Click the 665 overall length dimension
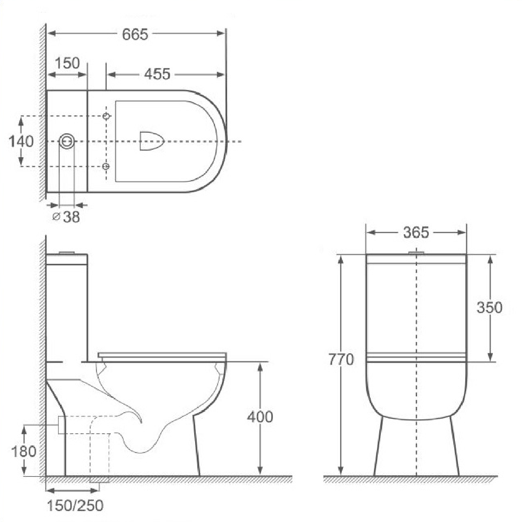[135, 34]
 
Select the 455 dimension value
[157, 74]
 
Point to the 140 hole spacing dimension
[21, 141]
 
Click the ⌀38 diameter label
[67, 217]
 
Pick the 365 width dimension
[416, 232]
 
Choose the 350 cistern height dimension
[489, 307]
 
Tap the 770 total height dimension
[341, 359]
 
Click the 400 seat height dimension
[260, 417]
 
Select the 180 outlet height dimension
[24, 451]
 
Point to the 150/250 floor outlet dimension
[75, 505]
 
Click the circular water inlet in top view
[67, 141]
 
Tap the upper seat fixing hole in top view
[106, 116]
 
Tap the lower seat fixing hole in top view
[106, 166]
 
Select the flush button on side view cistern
[67, 252]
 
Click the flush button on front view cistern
[416, 252]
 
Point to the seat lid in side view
[162, 355]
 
